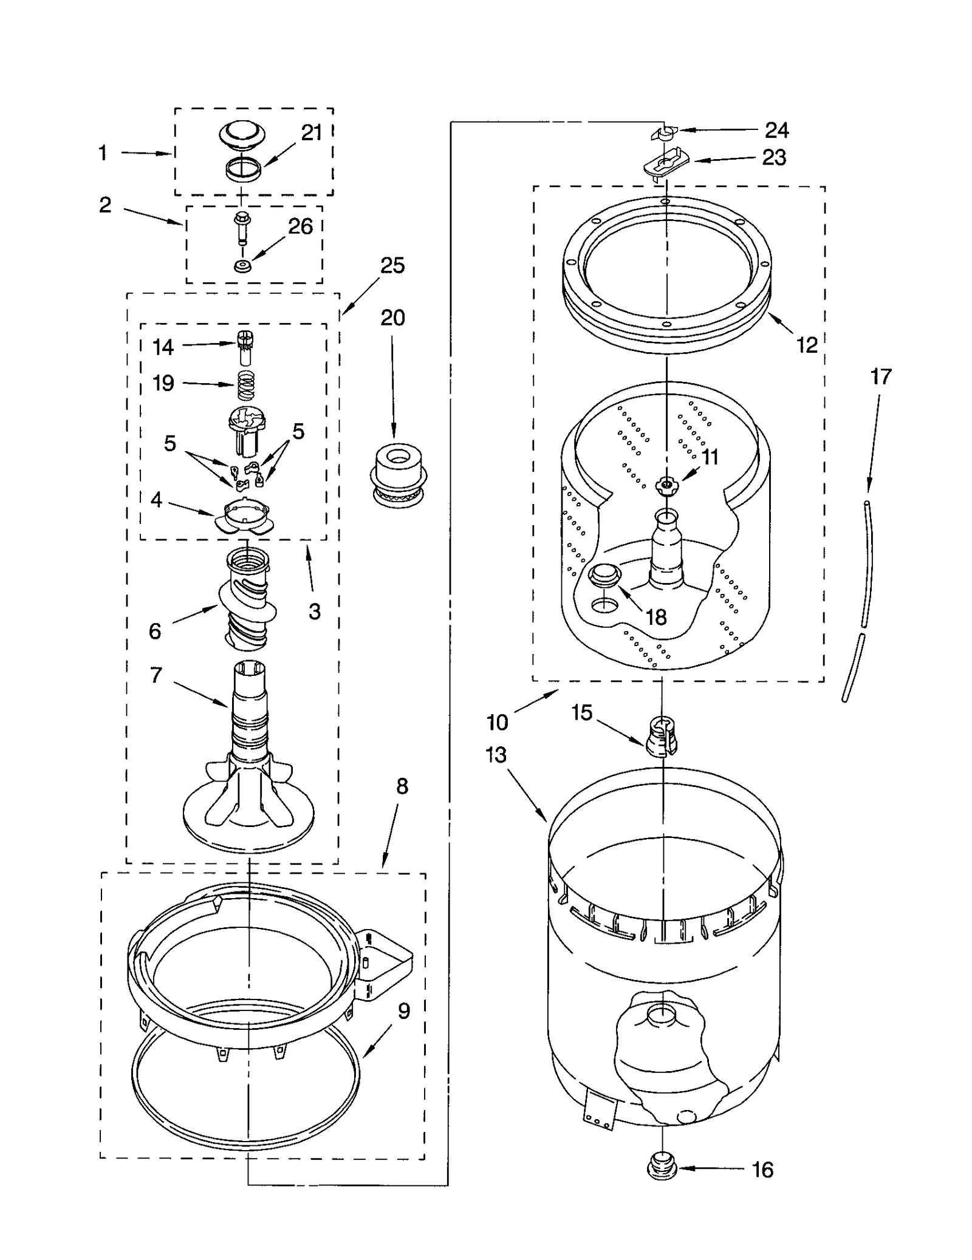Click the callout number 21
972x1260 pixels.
tap(312, 132)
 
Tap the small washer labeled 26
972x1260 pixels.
tap(242, 266)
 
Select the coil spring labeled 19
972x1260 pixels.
tap(245, 385)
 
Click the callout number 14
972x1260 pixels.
tap(163, 347)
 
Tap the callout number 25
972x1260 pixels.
tap(392, 265)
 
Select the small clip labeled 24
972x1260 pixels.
tap(666, 132)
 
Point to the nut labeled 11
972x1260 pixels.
tap(666, 485)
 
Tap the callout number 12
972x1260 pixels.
tap(807, 345)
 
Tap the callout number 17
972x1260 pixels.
tap(881, 376)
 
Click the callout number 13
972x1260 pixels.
tap(496, 755)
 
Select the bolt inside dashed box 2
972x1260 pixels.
tap(242, 228)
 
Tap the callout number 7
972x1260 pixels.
tap(156, 675)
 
